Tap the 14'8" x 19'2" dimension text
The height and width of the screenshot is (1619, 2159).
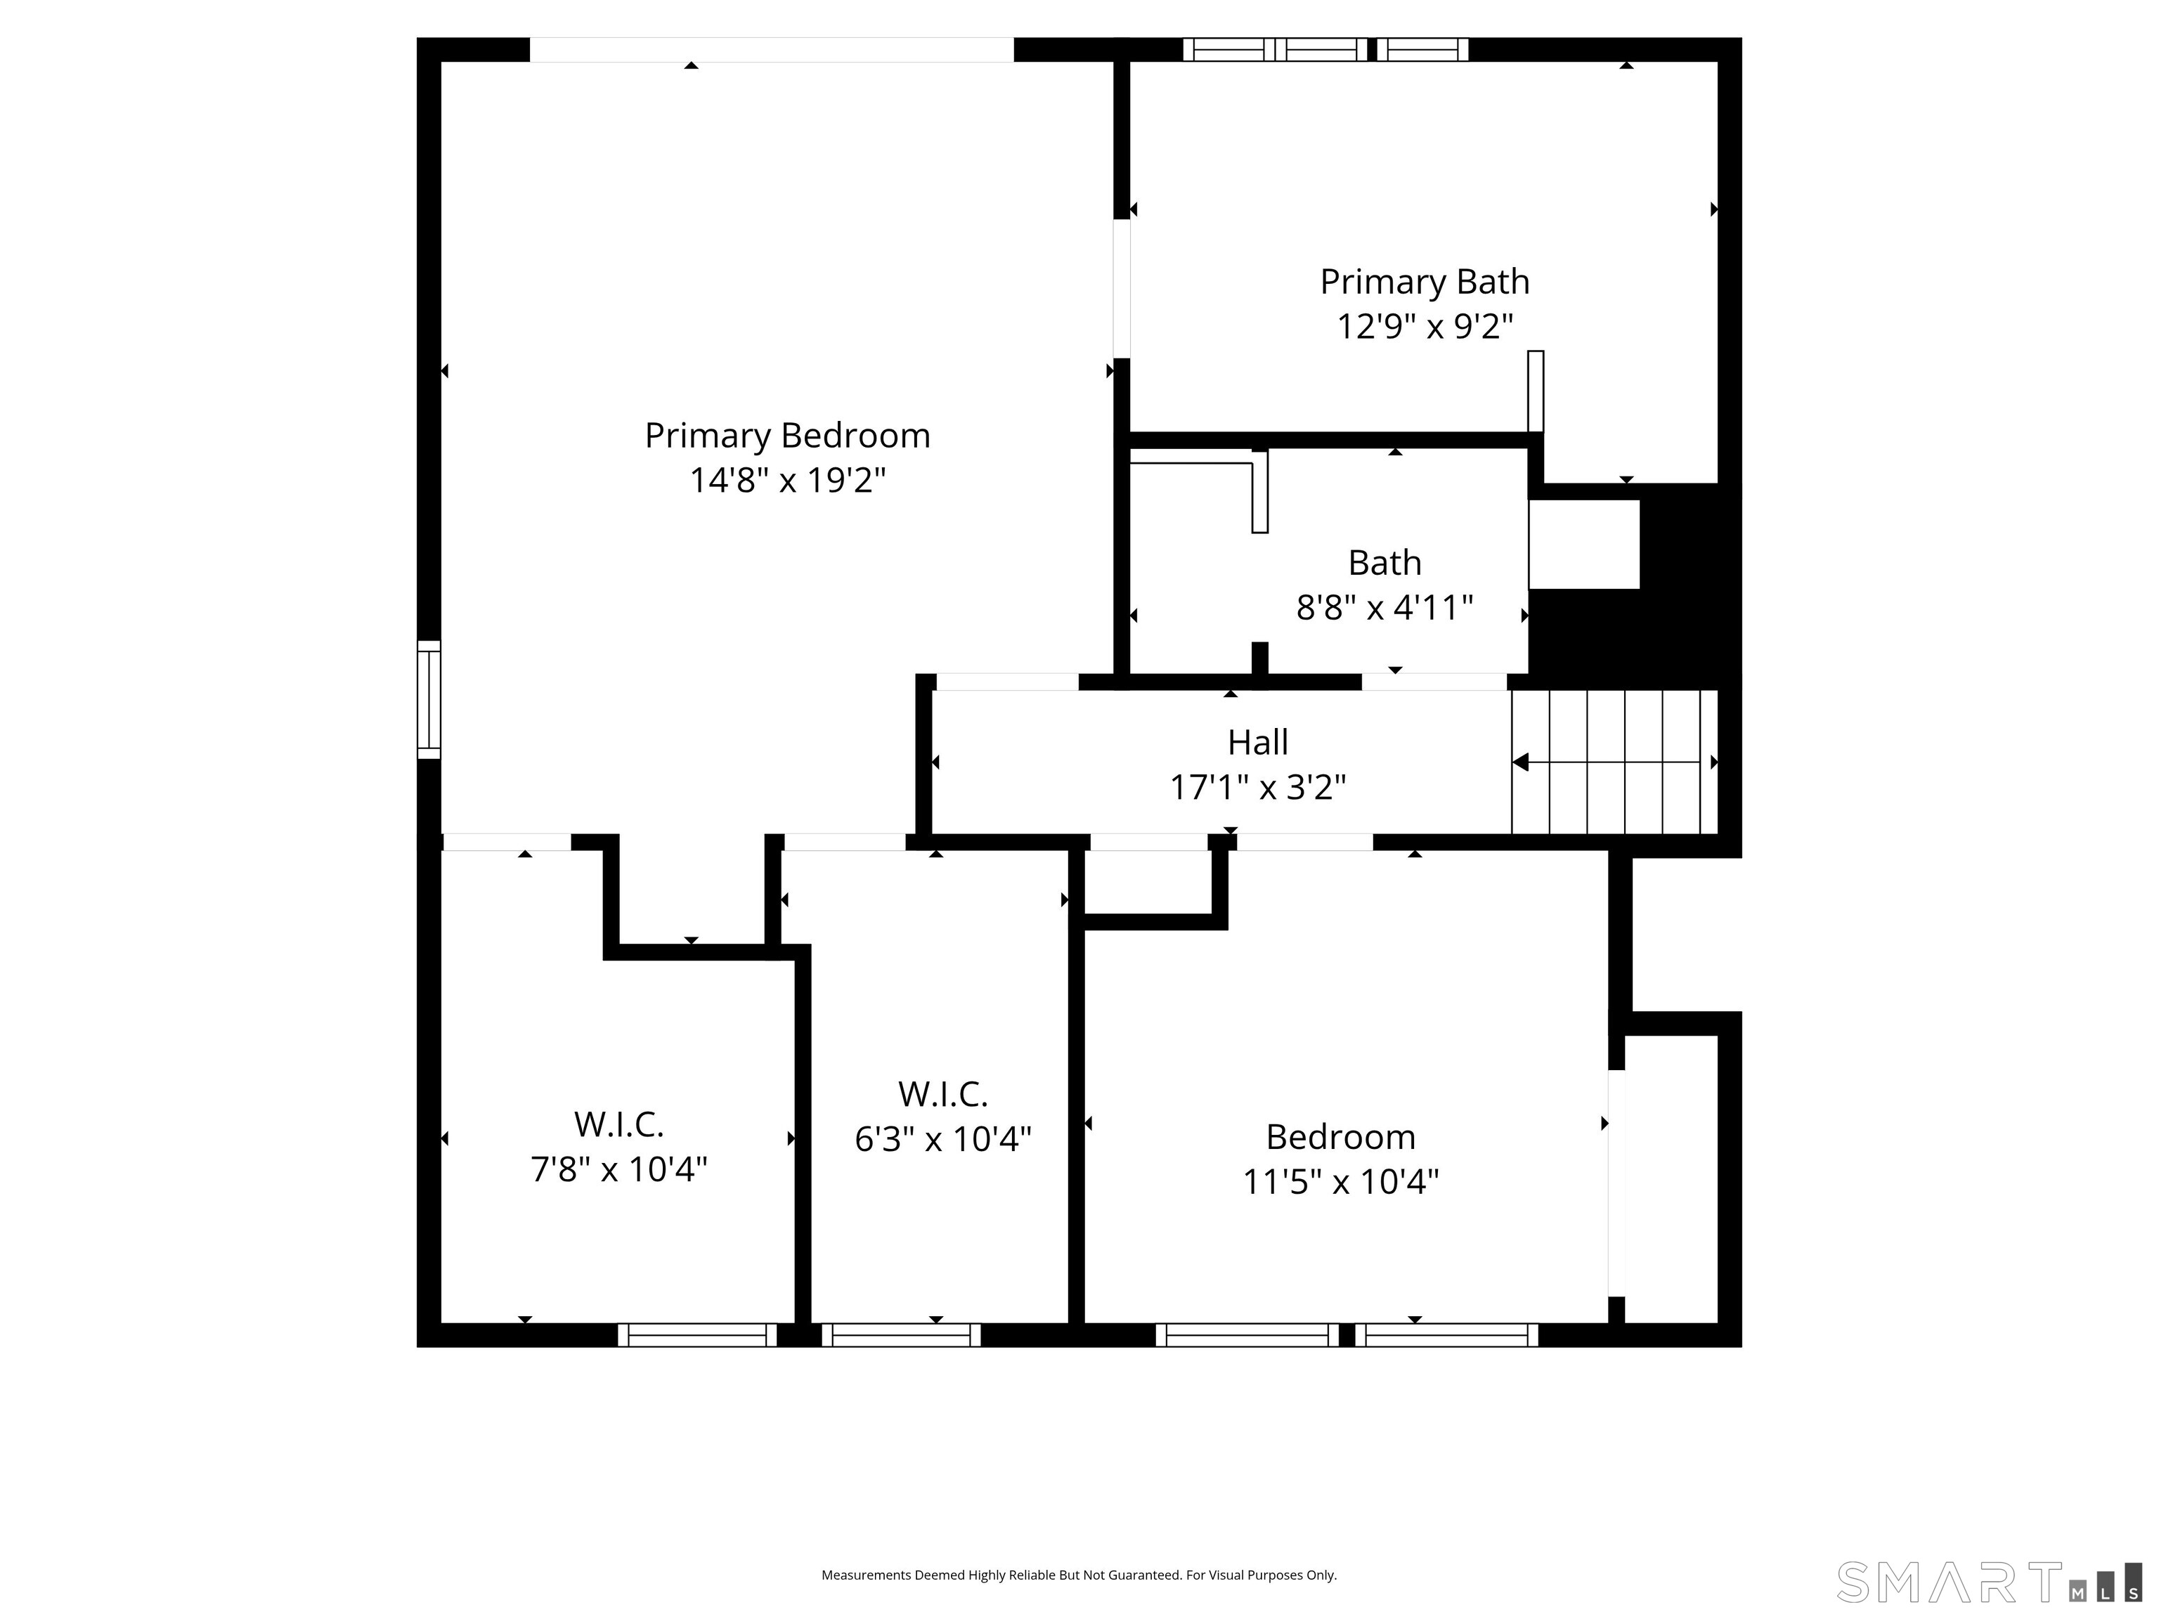(788, 480)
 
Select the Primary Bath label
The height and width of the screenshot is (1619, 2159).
(1425, 282)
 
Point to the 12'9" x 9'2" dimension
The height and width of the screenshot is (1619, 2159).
(1425, 326)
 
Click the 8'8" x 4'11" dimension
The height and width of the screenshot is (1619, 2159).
(1384, 607)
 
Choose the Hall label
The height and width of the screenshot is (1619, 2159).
(1258, 743)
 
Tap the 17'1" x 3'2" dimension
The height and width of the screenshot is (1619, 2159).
(1258, 786)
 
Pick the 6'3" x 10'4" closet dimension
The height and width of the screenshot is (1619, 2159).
(943, 1139)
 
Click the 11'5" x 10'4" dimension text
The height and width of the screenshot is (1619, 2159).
(1341, 1182)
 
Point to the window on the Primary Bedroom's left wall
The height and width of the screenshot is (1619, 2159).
(429, 700)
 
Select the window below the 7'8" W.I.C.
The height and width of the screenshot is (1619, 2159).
(697, 1335)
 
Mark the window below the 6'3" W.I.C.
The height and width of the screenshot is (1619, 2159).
(901, 1335)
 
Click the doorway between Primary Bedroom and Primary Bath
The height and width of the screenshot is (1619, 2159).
(1122, 289)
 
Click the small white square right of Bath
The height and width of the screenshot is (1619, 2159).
(1584, 545)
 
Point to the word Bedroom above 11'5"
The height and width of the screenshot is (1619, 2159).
(1341, 1137)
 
